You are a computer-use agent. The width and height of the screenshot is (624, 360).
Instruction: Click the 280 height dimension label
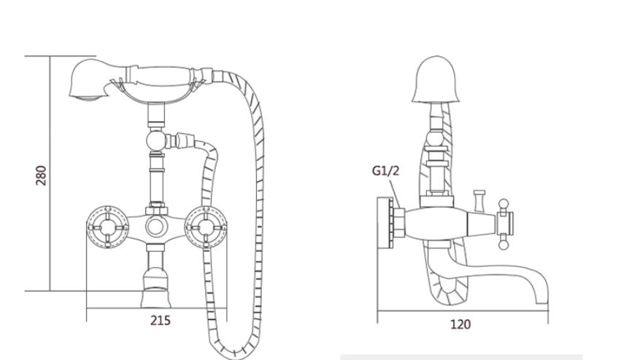(x=41, y=175)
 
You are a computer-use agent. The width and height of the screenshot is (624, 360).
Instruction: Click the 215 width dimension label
(x=161, y=321)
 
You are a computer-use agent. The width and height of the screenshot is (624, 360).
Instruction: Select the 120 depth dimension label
(x=461, y=324)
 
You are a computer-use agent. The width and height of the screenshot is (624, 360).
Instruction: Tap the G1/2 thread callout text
(x=385, y=171)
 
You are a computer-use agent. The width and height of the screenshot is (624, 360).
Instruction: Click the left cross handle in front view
(x=107, y=227)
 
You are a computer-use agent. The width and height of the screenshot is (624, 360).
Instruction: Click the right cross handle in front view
(x=206, y=227)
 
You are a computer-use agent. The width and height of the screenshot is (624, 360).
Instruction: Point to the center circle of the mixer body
(x=155, y=226)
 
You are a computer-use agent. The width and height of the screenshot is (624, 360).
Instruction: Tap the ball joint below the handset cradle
(x=155, y=140)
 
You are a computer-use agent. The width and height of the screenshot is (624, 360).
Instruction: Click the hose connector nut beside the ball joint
(x=185, y=139)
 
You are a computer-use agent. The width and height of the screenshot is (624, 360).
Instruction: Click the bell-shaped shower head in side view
(x=436, y=80)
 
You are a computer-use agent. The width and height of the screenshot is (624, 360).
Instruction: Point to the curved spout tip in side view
(x=542, y=296)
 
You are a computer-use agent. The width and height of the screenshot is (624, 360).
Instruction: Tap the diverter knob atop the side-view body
(x=479, y=200)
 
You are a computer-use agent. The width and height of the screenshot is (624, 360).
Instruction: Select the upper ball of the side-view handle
(x=504, y=204)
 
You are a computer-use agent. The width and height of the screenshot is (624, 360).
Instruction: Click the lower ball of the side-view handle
(x=504, y=244)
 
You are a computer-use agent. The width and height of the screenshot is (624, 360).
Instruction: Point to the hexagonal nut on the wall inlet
(x=398, y=223)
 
